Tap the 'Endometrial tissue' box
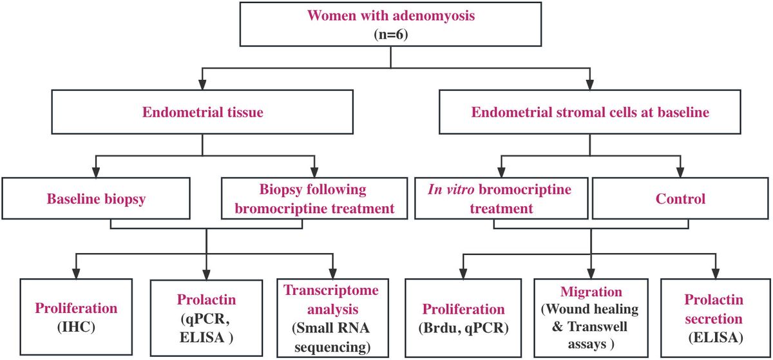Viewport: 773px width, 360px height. tap(202, 113)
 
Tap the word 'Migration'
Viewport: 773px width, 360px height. tap(591, 292)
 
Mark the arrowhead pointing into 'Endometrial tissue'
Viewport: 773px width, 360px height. tap(202, 84)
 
